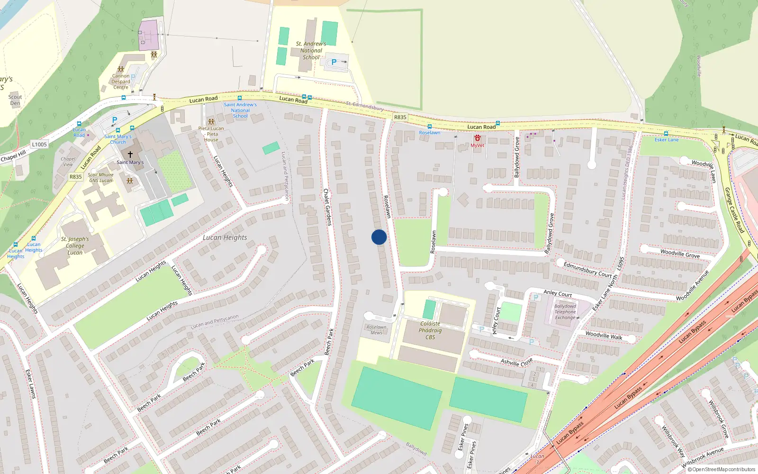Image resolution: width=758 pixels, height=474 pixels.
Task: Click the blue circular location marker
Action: click(379, 237)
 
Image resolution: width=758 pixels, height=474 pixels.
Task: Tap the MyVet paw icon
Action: click(477, 138)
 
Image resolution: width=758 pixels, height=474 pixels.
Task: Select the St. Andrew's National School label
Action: click(311, 50)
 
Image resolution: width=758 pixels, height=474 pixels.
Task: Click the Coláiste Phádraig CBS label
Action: click(430, 330)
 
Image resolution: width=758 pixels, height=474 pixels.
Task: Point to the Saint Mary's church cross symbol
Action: click(130, 155)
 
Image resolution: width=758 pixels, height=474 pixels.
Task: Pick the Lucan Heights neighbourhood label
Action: click(225, 237)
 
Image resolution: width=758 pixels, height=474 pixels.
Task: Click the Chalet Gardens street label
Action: click(327, 207)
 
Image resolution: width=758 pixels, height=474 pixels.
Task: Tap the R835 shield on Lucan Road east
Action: click(400, 117)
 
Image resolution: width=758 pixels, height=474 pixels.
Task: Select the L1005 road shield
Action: click(39, 144)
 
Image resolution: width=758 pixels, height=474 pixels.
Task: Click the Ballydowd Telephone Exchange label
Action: click(565, 312)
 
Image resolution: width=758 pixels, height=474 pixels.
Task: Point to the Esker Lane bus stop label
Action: click(667, 140)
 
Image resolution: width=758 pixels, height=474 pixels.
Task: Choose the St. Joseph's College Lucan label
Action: click(75, 246)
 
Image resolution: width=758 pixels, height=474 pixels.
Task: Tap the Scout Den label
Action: click(15, 100)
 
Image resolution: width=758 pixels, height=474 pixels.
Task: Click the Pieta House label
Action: click(211, 134)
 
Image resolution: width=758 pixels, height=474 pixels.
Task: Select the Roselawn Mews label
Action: click(376, 330)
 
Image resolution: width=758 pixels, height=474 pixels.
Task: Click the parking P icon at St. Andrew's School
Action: click(334, 62)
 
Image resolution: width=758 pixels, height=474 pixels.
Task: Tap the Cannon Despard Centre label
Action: click(121, 82)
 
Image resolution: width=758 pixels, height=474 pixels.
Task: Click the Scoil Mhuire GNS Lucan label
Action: click(100, 177)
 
